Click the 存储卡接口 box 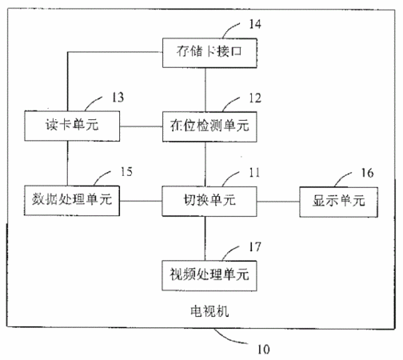pos(209,53)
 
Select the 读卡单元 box pos(72,126)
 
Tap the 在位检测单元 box pos(209,126)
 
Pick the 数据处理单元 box pos(72,201)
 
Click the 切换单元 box pos(209,202)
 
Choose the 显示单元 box pos(338,202)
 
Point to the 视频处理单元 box pos(209,276)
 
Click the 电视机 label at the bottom pos(209,311)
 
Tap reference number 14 pos(255,24)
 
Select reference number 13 pos(118,98)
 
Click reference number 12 pos(255,98)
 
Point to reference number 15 pos(126,171)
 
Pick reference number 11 pos(254,173)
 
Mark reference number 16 pos(367,173)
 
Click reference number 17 pos(255,247)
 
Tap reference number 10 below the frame pos(263,349)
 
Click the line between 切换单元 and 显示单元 pos(278,202)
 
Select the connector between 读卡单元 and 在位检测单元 pos(141,126)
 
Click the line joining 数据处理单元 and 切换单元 pos(141,201)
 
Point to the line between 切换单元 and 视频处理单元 pos(205,238)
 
